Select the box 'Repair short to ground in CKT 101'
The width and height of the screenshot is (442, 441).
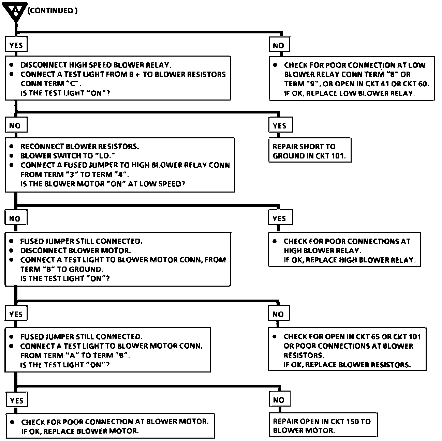pyautogui.click(x=309, y=150)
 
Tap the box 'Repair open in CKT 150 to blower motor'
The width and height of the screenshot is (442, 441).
pyautogui.click(x=323, y=425)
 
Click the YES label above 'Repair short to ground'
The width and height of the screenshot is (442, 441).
pyautogui.click(x=280, y=126)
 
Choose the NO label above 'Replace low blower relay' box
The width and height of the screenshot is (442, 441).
pyautogui.click(x=279, y=45)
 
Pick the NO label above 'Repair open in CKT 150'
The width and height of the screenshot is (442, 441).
pyautogui.click(x=279, y=400)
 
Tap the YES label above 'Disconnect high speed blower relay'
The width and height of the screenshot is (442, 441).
pyautogui.click(x=16, y=45)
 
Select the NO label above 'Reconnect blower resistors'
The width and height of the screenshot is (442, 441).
pyautogui.click(x=15, y=126)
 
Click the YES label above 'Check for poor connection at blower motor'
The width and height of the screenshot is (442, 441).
pyautogui.click(x=17, y=401)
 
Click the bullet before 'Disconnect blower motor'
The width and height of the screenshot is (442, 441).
pyautogui.click(x=12, y=250)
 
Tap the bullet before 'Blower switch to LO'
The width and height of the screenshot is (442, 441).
pyautogui.click(x=12, y=156)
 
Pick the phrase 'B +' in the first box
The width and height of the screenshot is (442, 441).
pyautogui.click(x=134, y=74)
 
